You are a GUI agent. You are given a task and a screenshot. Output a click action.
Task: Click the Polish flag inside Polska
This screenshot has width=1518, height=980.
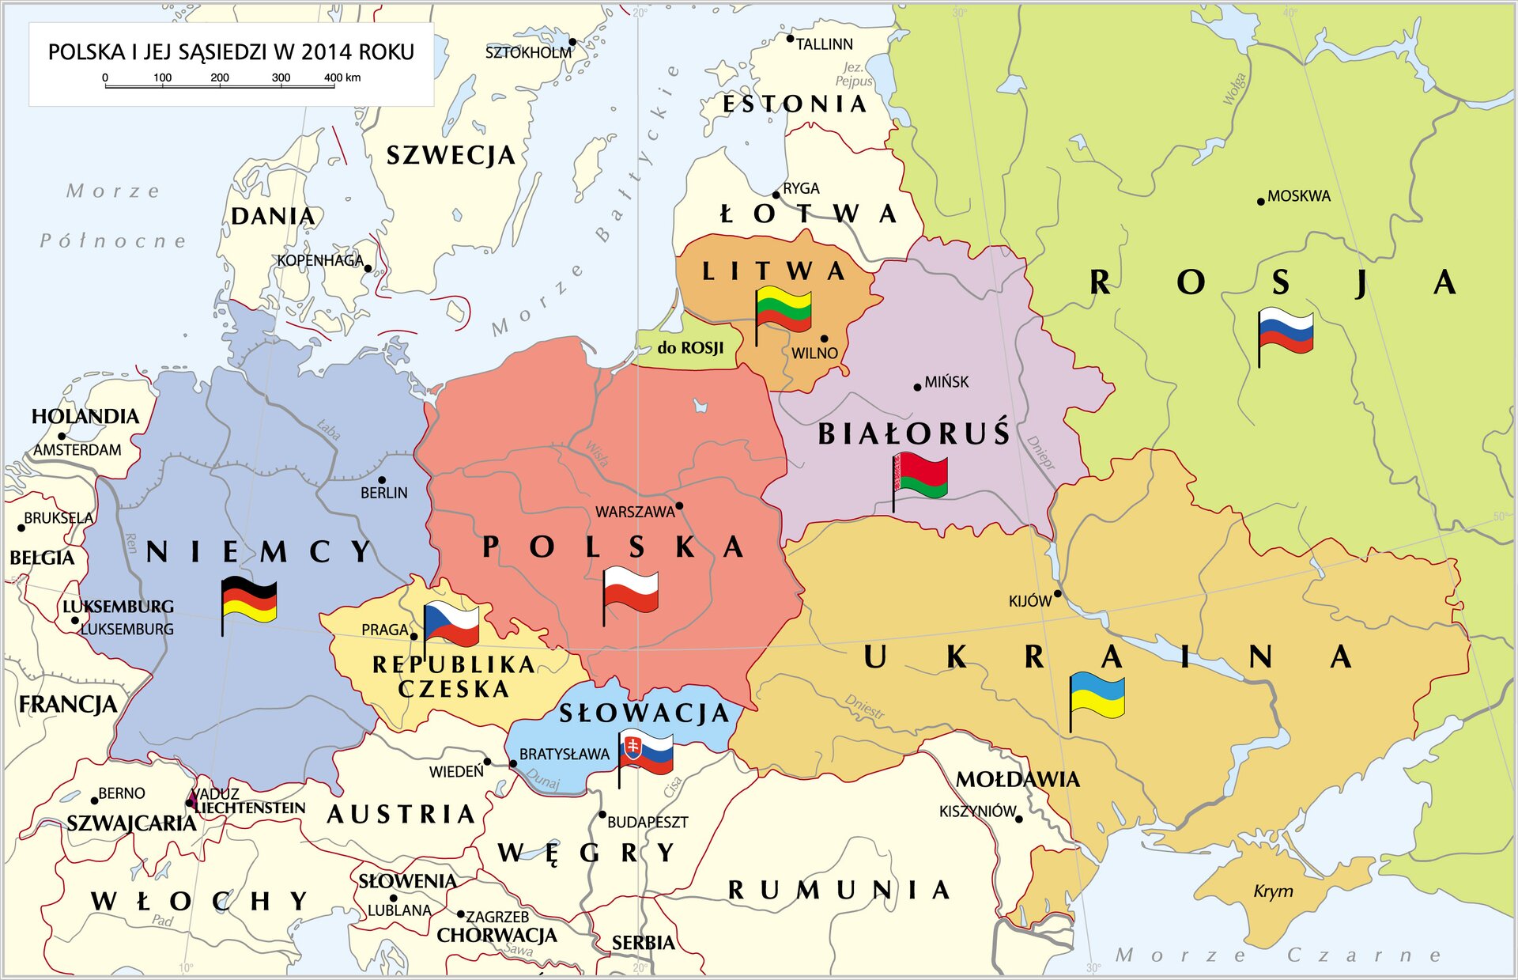click(630, 591)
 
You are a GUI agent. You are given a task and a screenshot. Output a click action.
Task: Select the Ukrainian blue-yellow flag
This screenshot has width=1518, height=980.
click(1097, 696)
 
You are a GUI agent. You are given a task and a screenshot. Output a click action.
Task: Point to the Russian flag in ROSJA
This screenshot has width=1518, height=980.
click(1286, 332)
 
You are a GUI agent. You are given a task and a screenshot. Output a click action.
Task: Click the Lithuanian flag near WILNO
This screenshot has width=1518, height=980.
click(783, 310)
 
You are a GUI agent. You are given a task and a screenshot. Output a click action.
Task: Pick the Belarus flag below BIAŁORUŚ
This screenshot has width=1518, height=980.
click(920, 476)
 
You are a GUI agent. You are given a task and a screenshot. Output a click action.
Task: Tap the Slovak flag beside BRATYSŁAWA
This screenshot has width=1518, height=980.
click(646, 754)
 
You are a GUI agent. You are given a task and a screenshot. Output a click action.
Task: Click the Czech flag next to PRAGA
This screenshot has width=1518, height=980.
click(451, 623)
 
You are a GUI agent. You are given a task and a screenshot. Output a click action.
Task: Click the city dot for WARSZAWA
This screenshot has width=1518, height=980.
click(679, 506)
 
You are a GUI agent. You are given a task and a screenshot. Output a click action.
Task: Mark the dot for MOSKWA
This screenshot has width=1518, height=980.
click(1261, 202)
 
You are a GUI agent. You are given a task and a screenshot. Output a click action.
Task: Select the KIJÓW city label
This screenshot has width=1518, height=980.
click(1030, 601)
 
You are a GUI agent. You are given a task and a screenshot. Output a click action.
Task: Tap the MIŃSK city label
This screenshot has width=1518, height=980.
click(946, 382)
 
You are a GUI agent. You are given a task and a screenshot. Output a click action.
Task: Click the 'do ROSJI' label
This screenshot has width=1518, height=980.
click(690, 348)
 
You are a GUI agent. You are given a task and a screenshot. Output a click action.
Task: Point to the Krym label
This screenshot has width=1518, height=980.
click(1273, 891)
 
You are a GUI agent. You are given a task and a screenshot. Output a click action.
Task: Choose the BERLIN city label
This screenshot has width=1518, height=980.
click(384, 493)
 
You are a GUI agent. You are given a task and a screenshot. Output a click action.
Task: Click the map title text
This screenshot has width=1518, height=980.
click(231, 52)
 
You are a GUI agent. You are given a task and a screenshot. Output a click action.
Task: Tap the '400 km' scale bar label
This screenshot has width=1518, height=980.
click(342, 78)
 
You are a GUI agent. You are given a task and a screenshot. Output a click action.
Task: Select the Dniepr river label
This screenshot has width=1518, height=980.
click(1040, 452)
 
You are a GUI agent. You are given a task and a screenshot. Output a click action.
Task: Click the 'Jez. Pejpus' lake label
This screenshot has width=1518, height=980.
click(854, 74)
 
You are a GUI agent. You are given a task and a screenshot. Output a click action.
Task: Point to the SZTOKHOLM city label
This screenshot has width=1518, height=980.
click(528, 53)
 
